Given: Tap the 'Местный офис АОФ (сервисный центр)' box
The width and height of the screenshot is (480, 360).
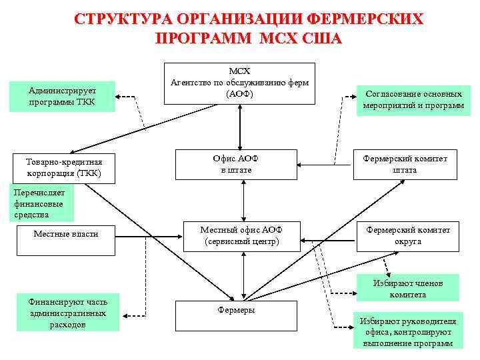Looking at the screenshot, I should point(241,235).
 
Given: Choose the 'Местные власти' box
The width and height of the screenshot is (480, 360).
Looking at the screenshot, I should point(65,234).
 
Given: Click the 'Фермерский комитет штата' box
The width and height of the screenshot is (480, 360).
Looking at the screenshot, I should point(405,164).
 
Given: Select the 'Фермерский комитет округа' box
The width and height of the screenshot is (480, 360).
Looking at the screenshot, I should point(407,235).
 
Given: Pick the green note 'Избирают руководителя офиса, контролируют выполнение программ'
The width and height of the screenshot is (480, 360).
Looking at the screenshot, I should point(407,331).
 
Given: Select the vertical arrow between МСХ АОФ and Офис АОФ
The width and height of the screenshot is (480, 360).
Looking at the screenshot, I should point(236,127).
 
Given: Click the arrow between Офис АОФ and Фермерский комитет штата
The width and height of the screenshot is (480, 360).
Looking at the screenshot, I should point(326,163).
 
